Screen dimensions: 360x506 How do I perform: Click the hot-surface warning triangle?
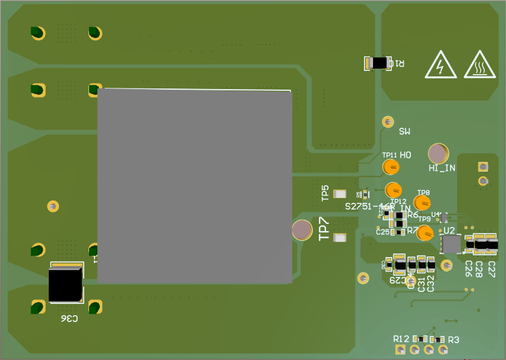coord(480,65)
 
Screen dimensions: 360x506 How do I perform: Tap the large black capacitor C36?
coord(65,284)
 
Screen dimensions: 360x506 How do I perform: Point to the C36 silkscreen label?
coord(69,318)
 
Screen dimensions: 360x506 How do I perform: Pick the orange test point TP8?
coord(422,203)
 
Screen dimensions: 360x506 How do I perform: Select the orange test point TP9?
coord(425,232)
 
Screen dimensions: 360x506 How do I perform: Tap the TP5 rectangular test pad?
coord(341,194)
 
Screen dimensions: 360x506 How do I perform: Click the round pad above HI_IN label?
coord(438,154)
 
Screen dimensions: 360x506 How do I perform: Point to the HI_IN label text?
coord(442,169)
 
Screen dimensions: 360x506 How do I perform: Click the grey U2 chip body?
coord(451,244)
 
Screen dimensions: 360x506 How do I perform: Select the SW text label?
coord(404,131)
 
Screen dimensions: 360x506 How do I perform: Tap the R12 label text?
coord(401,340)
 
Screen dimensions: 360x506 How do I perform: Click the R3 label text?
coord(454,340)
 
